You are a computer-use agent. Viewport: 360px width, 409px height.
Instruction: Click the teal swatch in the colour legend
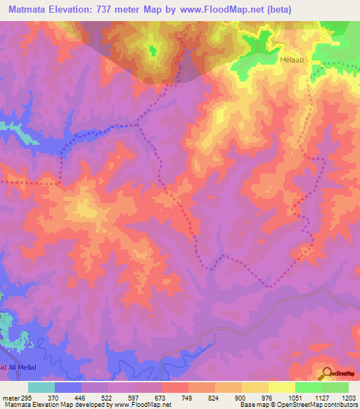pos(41,388)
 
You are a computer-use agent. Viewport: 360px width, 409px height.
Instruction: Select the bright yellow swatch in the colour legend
pos(281,388)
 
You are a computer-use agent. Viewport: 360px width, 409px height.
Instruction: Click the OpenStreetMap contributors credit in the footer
pos(314,404)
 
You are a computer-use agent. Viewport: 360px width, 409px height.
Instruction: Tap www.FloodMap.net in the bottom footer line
pos(133,404)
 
